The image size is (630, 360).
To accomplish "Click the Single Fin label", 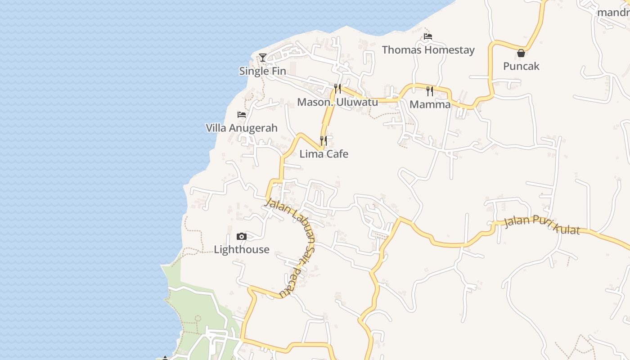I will point(262,71).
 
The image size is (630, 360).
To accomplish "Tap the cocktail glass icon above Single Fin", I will point(263,58).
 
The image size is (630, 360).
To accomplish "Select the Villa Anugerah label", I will point(242,128).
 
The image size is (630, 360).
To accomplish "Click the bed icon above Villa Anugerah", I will point(242,115).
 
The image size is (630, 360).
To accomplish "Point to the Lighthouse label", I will point(242,249).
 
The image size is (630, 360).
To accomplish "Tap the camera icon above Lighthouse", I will point(242,236).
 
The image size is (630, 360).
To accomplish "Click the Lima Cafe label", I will point(324,154).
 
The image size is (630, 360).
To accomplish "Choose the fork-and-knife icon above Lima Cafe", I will point(324,141).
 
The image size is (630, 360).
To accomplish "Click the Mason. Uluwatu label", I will point(337,102).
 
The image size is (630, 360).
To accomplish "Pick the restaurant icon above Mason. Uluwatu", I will point(337,89).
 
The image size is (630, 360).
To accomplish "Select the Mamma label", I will point(430,104).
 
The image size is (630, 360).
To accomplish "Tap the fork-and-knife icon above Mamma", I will point(430,91).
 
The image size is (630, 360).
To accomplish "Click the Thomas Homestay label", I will point(428,49).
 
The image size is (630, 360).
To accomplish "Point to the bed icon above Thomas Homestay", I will point(428,36).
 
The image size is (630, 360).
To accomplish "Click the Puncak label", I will point(521,66).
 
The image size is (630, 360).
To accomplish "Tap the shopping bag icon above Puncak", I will point(521,53).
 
